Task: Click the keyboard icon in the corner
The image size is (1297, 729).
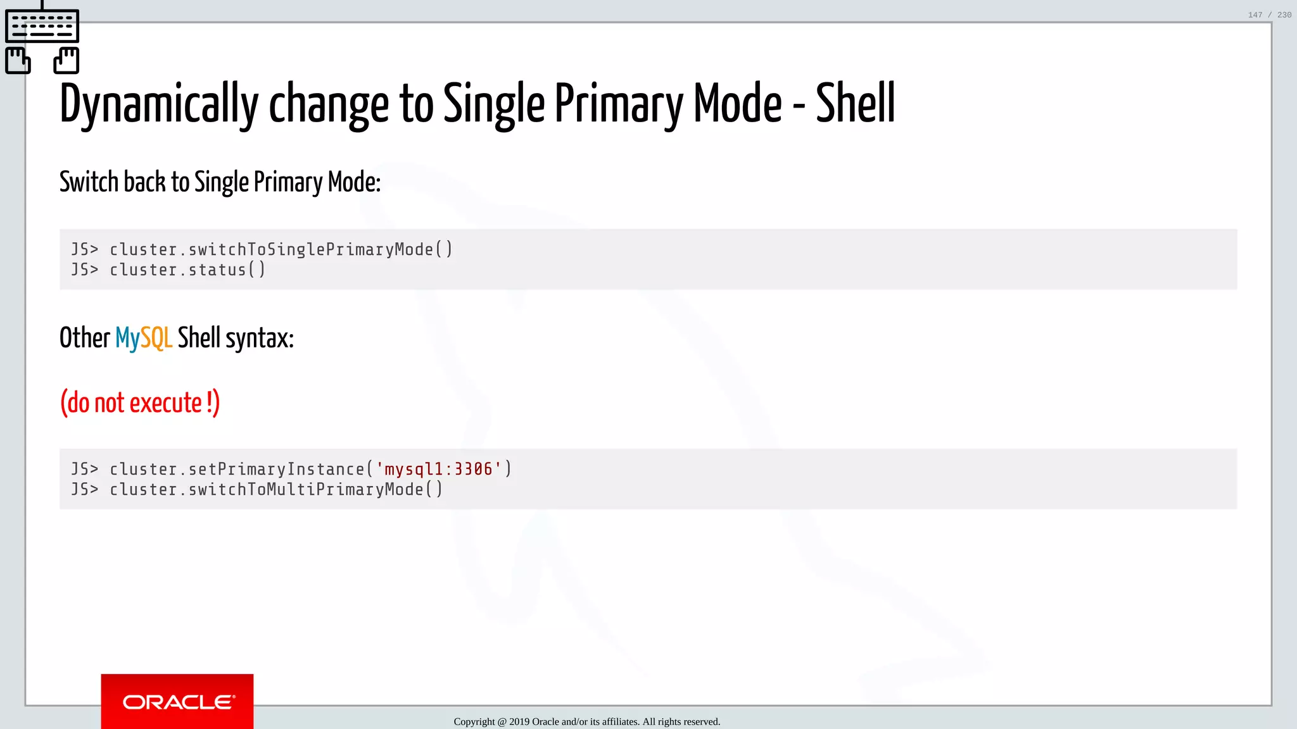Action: pos(42,25)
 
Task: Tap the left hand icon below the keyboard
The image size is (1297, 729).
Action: pos(18,61)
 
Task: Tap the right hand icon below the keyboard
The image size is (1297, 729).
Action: pos(66,61)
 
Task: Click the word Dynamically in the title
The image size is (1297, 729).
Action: pos(158,104)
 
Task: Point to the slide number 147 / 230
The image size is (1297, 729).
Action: pos(1269,15)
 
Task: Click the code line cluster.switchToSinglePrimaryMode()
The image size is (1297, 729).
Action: pos(281,249)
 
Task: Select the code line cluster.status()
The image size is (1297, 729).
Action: pos(187,270)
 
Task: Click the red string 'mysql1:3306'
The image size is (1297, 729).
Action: pos(438,469)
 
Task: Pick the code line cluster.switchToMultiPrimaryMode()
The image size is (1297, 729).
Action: pos(276,489)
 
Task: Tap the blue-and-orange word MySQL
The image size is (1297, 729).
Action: pos(143,338)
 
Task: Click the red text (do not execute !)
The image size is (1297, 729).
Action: pos(140,403)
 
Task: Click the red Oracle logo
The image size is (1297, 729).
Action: pos(177,701)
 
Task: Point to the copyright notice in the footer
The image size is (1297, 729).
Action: pos(586,721)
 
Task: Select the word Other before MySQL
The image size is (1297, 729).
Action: pos(85,338)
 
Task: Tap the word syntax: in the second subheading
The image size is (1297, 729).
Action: pos(260,339)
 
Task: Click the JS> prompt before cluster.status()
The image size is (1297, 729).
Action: pos(85,270)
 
